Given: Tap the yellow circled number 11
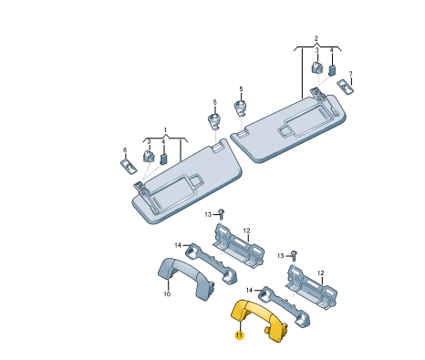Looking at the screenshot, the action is pyautogui.click(x=240, y=335).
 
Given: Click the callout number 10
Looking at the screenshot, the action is pyautogui.click(x=167, y=294).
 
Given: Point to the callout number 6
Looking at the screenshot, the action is pyautogui.click(x=125, y=149).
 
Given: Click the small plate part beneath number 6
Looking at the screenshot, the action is pyautogui.click(x=129, y=166).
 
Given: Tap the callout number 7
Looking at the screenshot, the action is pyautogui.click(x=350, y=74).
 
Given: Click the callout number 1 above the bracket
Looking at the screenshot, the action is pyautogui.click(x=165, y=130).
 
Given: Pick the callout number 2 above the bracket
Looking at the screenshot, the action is pyautogui.click(x=316, y=38).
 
